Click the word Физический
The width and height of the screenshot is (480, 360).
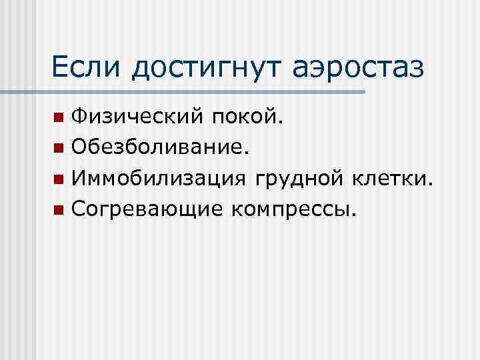coord(139,118)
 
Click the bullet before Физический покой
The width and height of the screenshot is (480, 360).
coord(59,119)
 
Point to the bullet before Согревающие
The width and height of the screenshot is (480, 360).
coord(59,211)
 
